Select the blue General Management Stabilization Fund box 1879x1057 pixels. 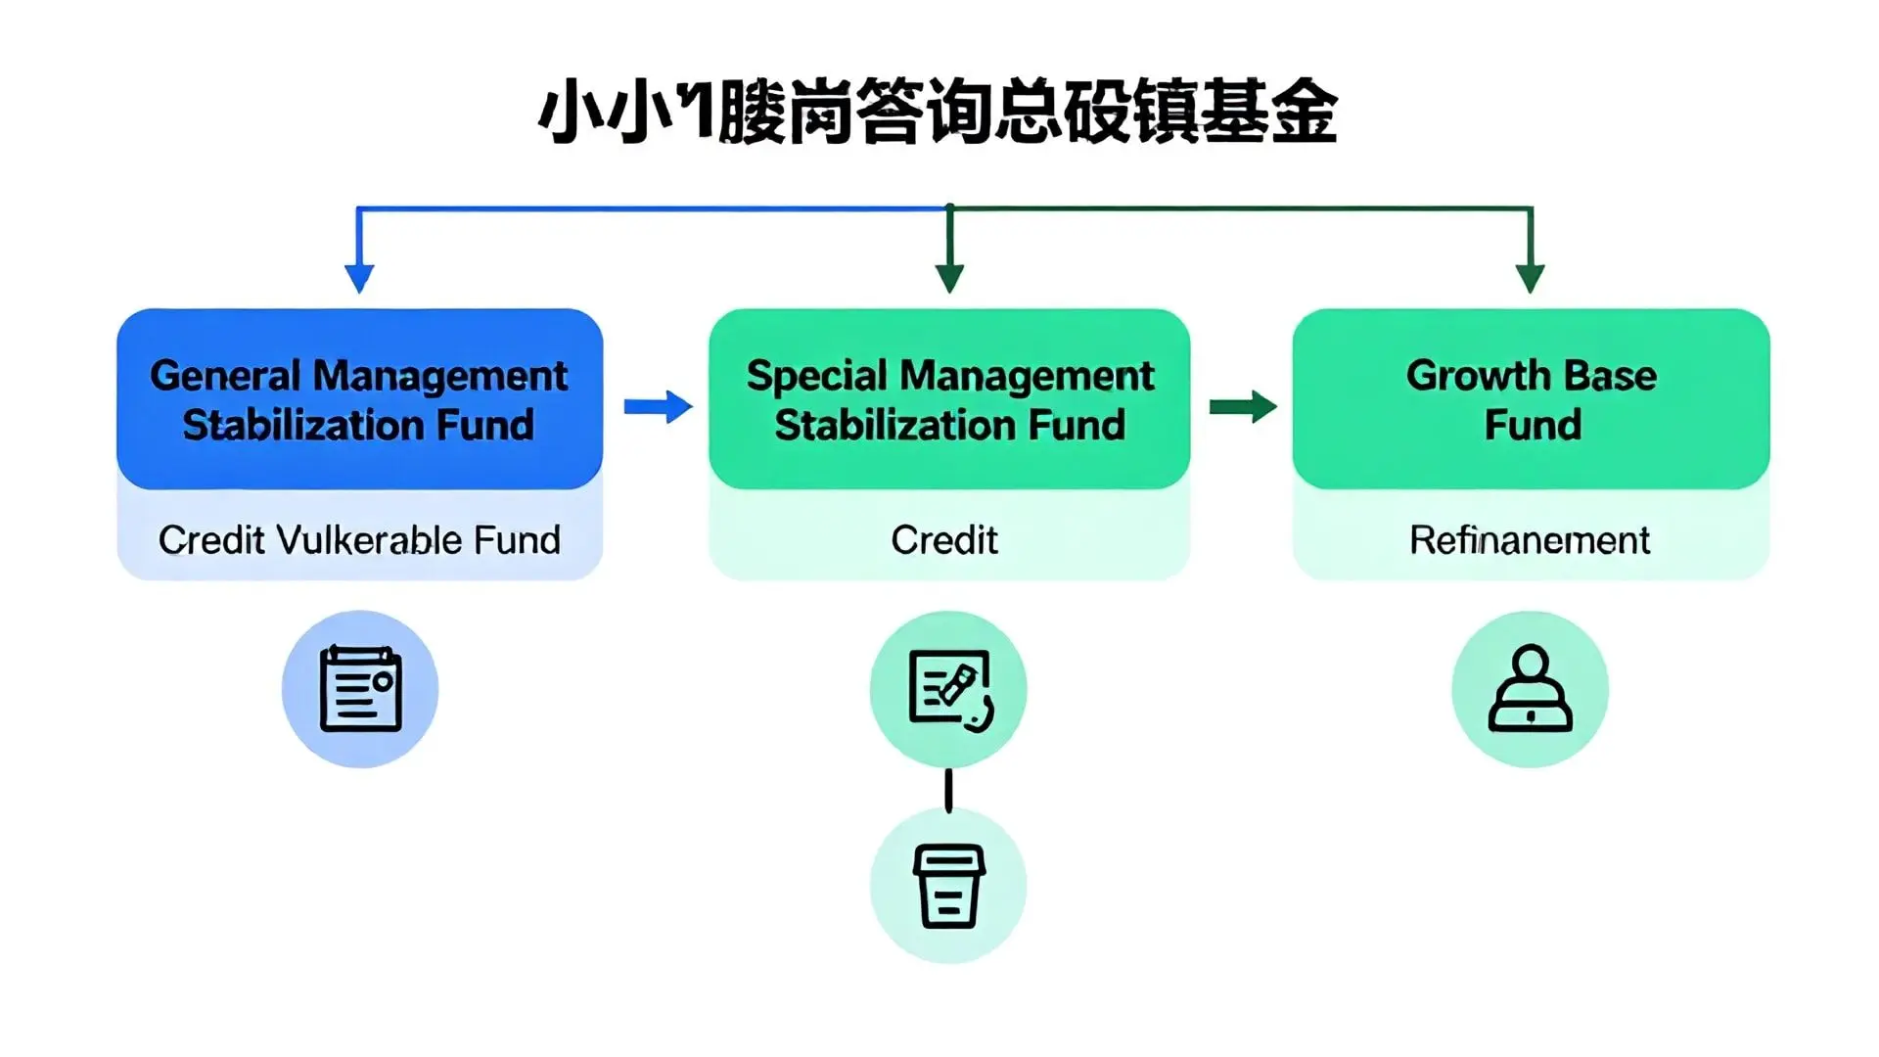[x=359, y=399]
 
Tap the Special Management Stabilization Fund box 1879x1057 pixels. [x=949, y=399]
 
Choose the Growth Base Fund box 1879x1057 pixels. [x=1531, y=399]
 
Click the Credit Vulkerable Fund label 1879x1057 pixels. [x=359, y=540]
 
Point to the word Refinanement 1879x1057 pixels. [x=1530, y=540]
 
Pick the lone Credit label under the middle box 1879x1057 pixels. [x=944, y=540]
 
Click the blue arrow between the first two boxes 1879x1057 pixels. [x=658, y=406]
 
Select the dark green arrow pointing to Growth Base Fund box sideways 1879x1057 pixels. [x=1243, y=406]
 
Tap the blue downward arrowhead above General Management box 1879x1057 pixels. [x=359, y=277]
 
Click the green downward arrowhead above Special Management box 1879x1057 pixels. [x=949, y=277]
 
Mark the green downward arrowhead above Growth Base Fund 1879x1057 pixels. [x=1530, y=277]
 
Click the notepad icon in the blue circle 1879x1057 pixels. [x=360, y=689]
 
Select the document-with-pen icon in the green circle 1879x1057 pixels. [x=948, y=689]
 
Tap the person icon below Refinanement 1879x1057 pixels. [x=1530, y=689]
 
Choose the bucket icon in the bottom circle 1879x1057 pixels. [x=948, y=886]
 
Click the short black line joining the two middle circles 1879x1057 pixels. [x=948, y=790]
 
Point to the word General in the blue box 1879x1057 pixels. [x=225, y=376]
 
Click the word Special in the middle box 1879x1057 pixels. [x=817, y=376]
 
